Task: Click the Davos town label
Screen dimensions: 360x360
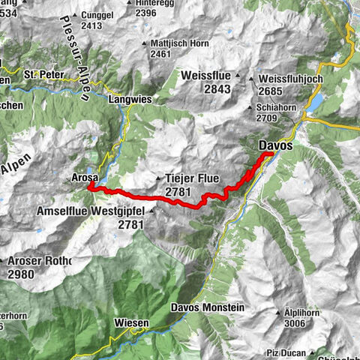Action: (276, 144)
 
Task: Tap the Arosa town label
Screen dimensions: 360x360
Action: (86, 178)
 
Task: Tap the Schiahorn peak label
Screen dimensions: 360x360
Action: (274, 107)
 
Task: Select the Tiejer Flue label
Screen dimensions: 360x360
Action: (188, 178)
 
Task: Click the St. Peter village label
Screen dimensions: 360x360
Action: (40, 75)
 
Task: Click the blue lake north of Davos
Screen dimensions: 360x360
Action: (316, 101)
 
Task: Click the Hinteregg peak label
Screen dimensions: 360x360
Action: (159, 3)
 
